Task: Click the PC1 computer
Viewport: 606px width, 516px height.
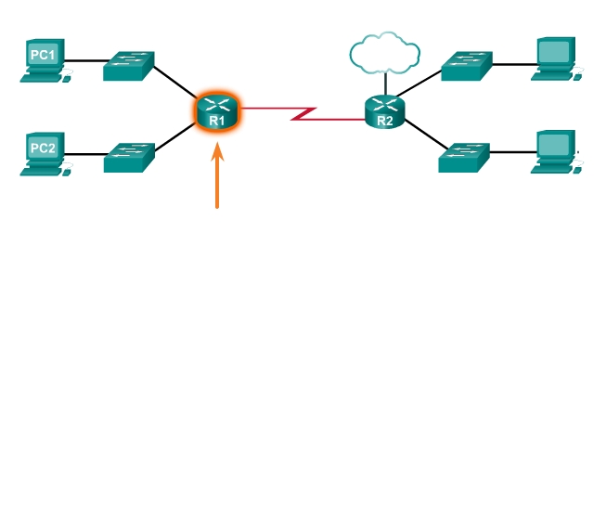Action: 44,60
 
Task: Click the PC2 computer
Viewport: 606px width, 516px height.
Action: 44,153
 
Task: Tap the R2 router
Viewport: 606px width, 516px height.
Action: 385,112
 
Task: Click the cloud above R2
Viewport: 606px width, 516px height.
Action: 381,53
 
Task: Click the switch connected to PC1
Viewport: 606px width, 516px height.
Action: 129,65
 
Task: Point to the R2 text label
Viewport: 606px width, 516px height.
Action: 385,120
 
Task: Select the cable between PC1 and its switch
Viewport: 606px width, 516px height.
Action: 85,61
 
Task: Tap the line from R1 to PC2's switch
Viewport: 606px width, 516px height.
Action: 176,138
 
